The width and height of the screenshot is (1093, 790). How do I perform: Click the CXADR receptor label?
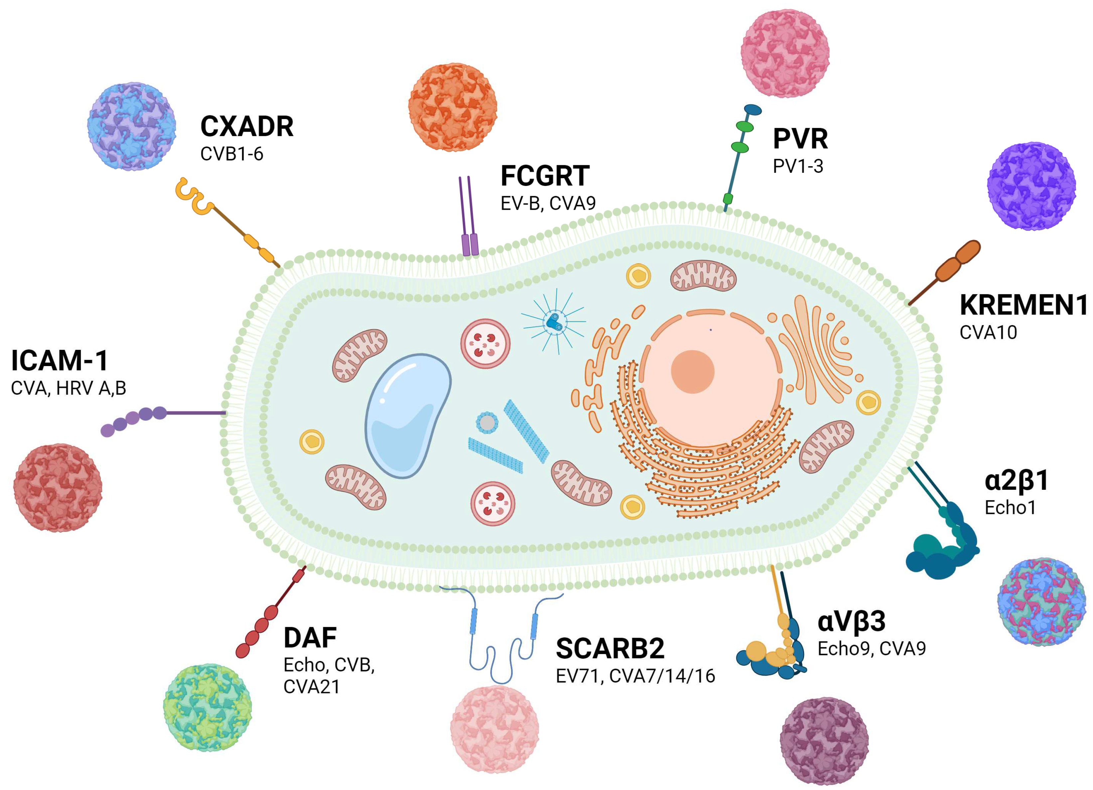[246, 127]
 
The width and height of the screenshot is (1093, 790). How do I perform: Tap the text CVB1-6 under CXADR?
[231, 154]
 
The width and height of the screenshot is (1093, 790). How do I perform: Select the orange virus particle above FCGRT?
[453, 107]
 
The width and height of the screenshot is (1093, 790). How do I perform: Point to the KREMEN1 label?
[1023, 305]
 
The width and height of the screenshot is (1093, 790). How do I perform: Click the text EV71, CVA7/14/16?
[635, 676]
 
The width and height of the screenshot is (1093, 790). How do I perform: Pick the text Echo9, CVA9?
[871, 649]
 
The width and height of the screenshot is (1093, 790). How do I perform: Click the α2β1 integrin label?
[1016, 480]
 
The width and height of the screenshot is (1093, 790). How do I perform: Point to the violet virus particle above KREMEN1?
[1031, 186]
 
